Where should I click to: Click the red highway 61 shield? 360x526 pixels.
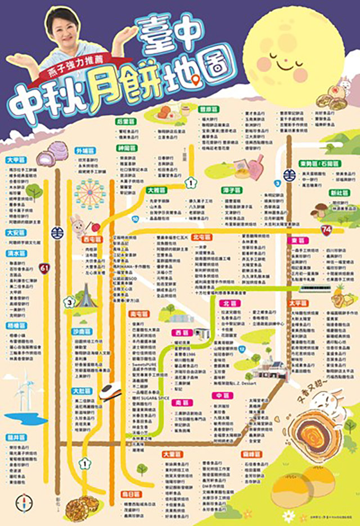[x=44, y=267]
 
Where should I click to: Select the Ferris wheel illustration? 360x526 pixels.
[x=90, y=194]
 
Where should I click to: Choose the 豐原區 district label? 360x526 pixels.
[x=209, y=109]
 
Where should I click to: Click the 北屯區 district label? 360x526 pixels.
[x=201, y=237]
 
